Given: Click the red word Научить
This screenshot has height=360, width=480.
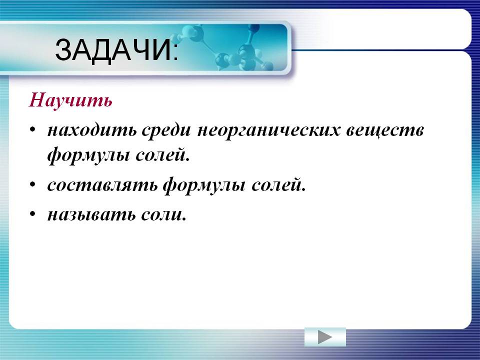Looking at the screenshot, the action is point(70,100).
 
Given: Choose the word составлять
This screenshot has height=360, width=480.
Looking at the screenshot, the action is point(102,185).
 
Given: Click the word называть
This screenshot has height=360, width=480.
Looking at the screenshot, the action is point(91,214).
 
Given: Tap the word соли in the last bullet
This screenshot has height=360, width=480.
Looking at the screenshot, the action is point(161,214).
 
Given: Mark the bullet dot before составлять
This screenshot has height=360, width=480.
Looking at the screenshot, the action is point(33,184).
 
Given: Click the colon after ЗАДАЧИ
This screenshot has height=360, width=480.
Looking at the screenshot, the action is point(175,54).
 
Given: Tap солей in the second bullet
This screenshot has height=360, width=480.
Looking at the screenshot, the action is point(276,184).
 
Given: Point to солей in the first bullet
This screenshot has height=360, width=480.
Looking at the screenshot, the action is point(160,154).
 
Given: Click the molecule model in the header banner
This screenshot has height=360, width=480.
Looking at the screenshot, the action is point(226,47).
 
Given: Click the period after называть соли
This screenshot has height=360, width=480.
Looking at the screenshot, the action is point(184,219).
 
